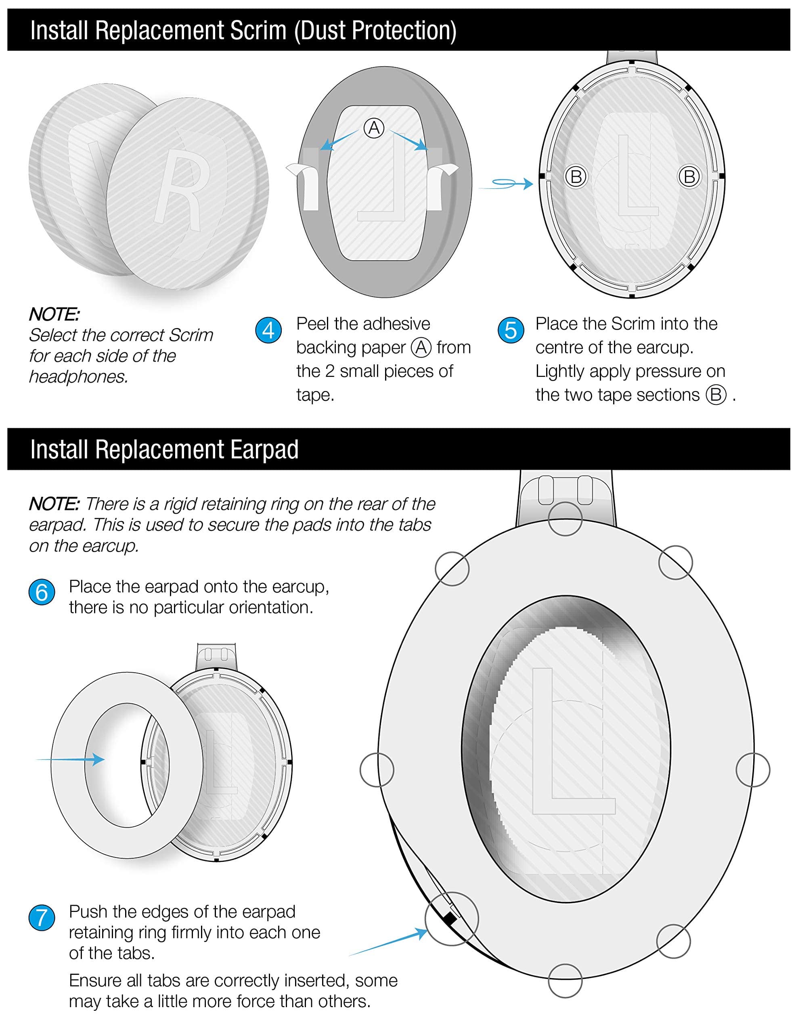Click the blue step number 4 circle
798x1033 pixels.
[268, 330]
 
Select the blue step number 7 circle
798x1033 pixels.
[42, 918]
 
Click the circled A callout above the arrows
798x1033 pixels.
[374, 128]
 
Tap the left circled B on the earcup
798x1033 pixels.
[576, 177]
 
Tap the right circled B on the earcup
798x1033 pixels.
[689, 177]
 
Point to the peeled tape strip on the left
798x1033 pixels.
[305, 184]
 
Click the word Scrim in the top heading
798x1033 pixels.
[258, 30]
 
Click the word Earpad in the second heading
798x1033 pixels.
[264, 450]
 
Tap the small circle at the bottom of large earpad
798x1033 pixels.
[565, 981]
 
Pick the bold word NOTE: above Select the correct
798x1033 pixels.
[54, 314]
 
